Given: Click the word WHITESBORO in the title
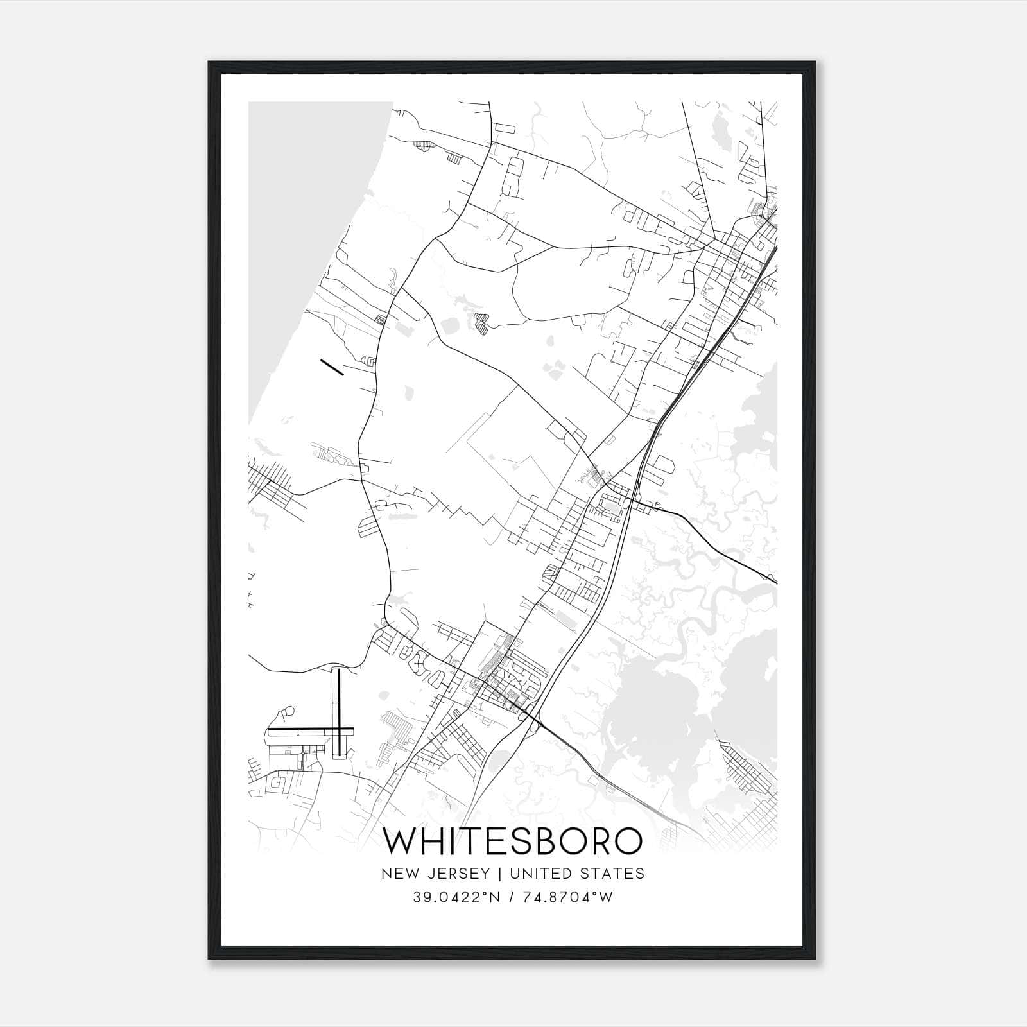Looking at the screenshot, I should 513,841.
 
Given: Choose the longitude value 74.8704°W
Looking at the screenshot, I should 569,897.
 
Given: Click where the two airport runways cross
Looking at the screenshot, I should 336,730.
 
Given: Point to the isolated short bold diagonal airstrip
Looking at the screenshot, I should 332,367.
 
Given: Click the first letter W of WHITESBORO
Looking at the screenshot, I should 402,841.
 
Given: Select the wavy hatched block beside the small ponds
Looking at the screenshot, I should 481,324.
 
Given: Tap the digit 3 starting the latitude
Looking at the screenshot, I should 417,897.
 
